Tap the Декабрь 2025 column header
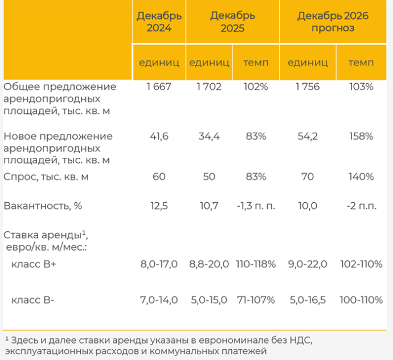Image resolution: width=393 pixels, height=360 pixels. point(233,22)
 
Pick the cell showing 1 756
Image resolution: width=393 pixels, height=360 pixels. point(307,87)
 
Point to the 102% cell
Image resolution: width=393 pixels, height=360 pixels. point(255,87)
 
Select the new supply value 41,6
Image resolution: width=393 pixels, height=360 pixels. point(159,137)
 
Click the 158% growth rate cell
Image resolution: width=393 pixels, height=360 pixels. point(362,137)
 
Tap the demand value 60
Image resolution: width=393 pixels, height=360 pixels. point(159,177)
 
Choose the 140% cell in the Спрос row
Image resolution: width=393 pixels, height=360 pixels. point(362,177)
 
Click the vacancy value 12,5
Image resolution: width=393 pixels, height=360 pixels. point(159,206)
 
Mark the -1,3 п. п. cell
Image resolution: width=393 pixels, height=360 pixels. point(255,206)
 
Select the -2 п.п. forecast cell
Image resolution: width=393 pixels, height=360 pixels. point(362,206)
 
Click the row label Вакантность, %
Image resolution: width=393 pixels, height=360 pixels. point(43,206)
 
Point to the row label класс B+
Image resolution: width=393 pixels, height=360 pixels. point(35,264)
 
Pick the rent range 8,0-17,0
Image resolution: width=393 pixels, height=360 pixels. point(159,264)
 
